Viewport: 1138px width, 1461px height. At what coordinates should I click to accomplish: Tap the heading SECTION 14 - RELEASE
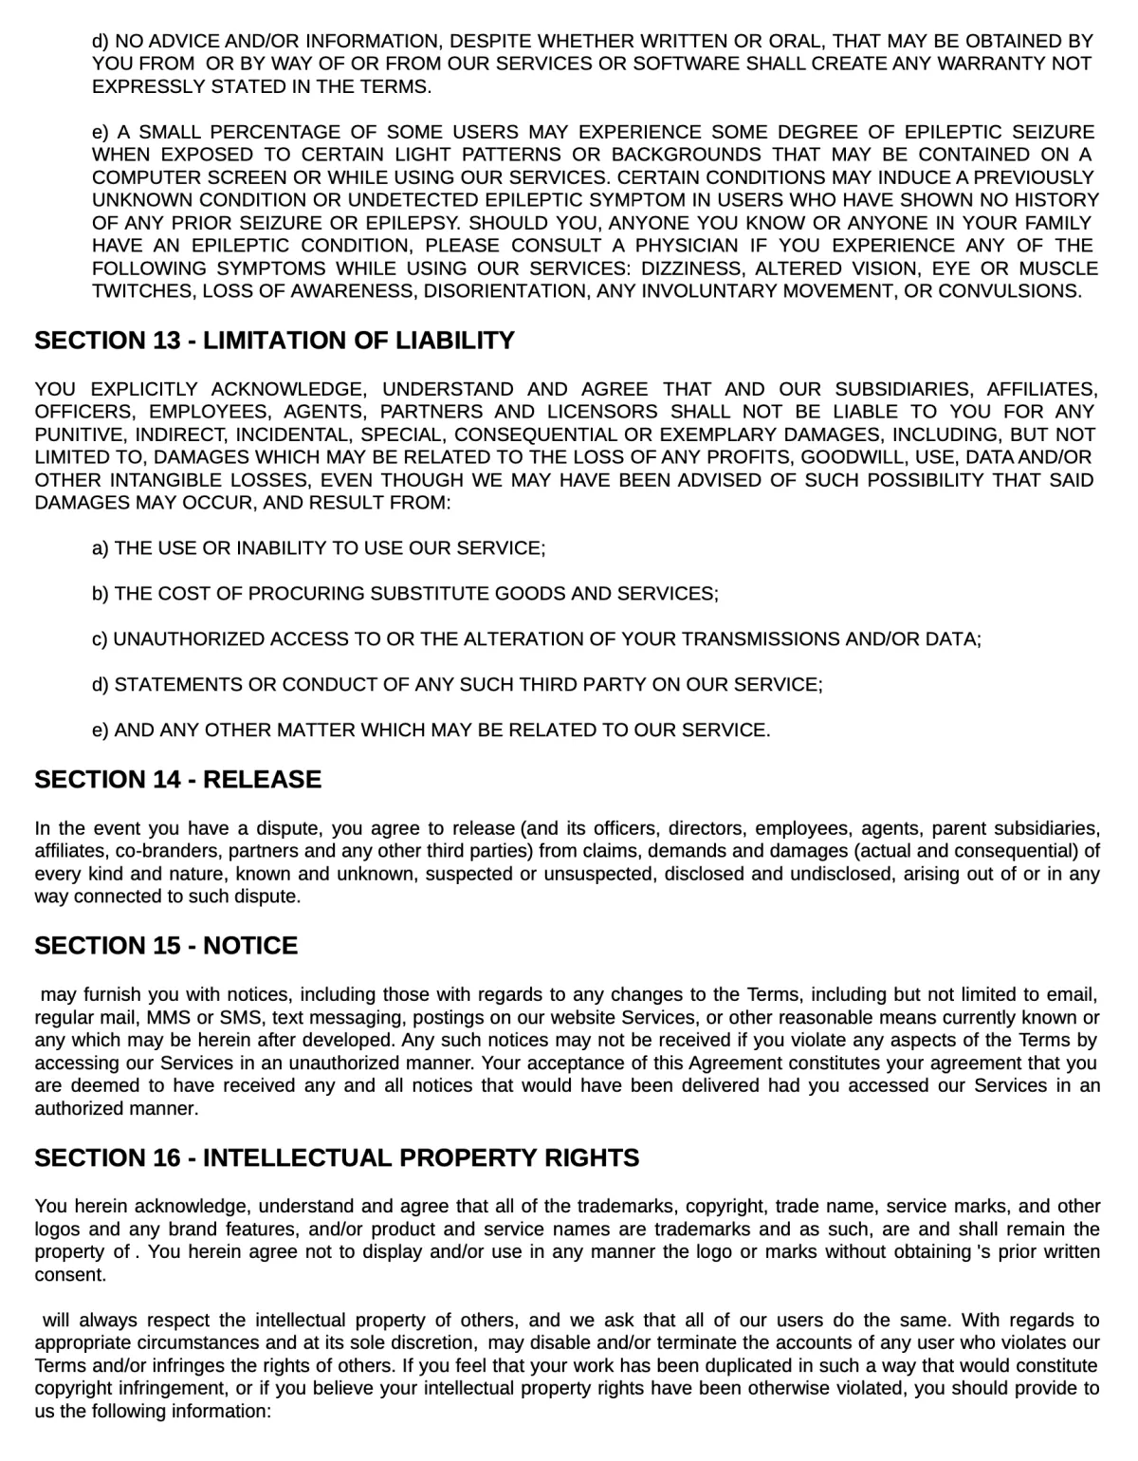[177, 780]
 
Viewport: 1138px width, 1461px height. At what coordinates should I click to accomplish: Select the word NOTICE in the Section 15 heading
[250, 946]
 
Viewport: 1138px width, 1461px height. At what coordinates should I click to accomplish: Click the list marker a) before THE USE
[101, 548]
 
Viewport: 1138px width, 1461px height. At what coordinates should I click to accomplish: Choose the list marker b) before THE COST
[101, 594]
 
